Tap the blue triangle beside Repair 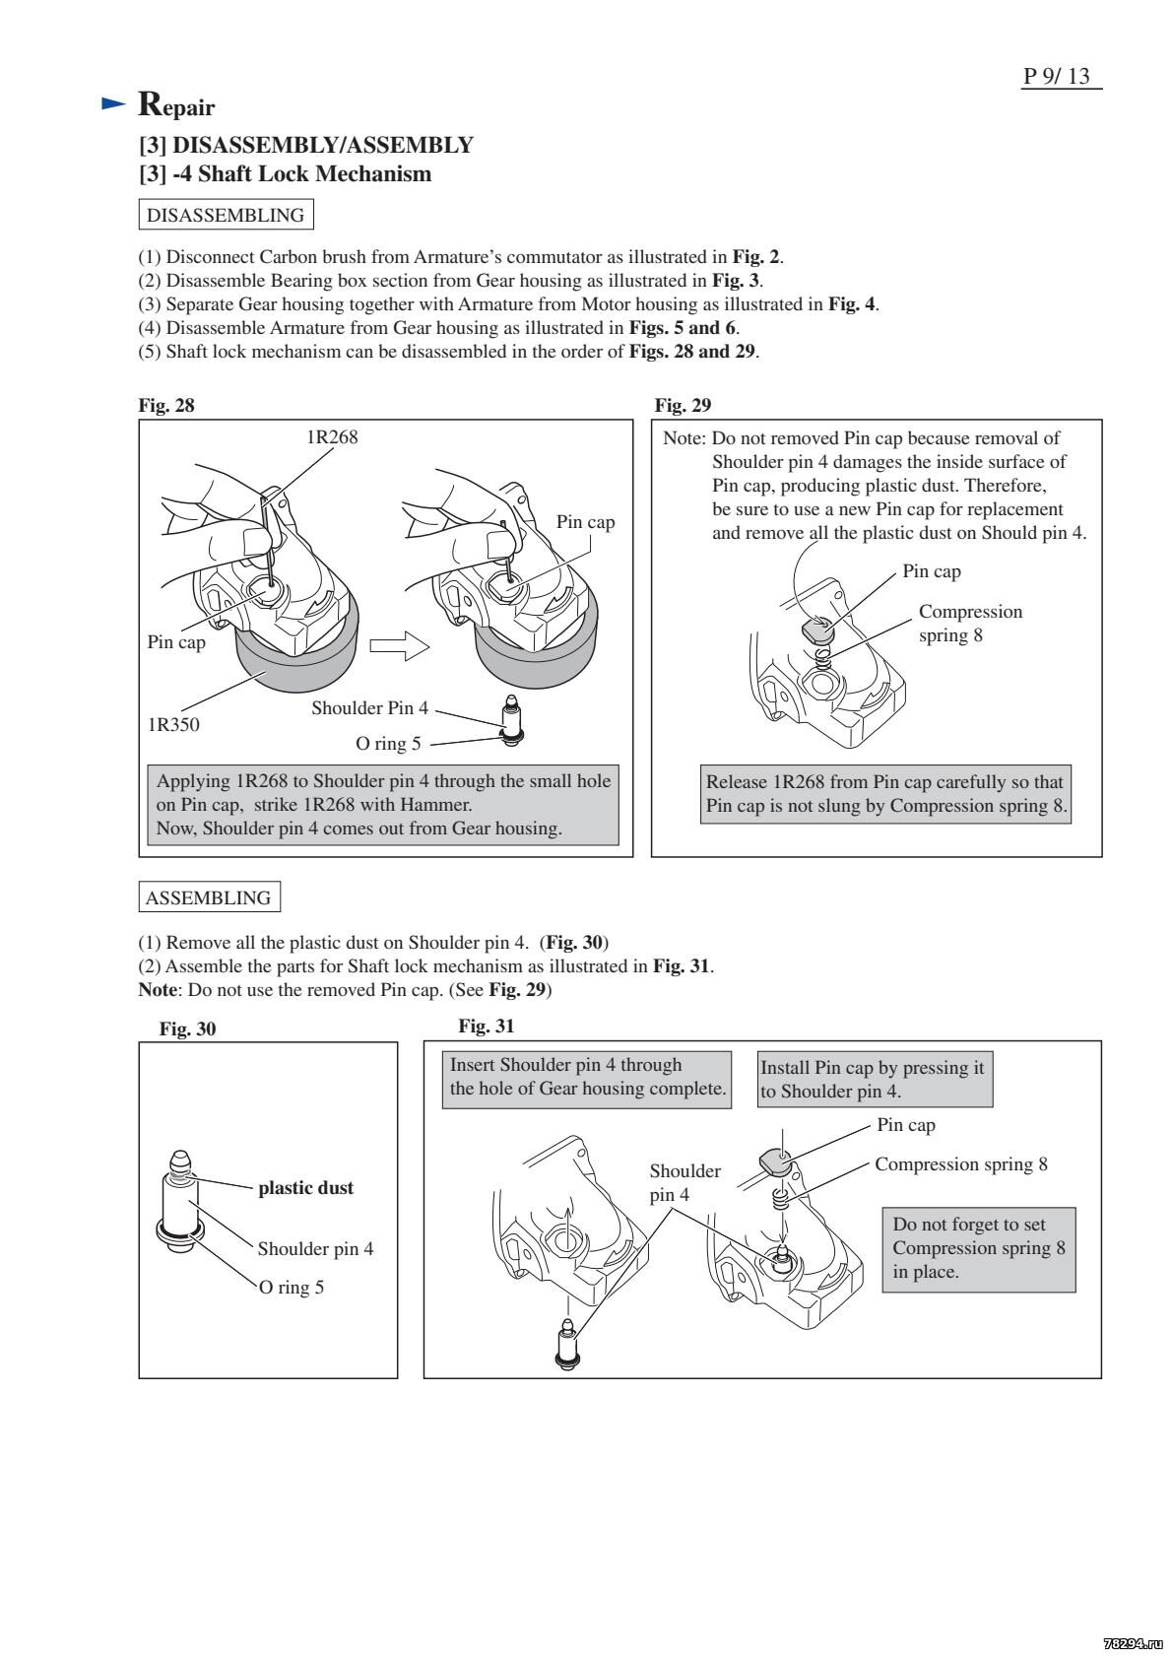[x=114, y=103]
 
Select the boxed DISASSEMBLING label [x=225, y=215]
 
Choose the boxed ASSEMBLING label [x=208, y=897]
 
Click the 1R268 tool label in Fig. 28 [x=331, y=437]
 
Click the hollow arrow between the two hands [x=399, y=646]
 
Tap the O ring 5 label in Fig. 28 [x=387, y=743]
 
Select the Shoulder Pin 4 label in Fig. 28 [x=369, y=708]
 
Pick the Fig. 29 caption [x=683, y=405]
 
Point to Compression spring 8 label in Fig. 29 [x=969, y=623]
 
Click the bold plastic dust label [x=305, y=1187]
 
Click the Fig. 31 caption [x=487, y=1027]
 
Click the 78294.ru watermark [x=1133, y=1643]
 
